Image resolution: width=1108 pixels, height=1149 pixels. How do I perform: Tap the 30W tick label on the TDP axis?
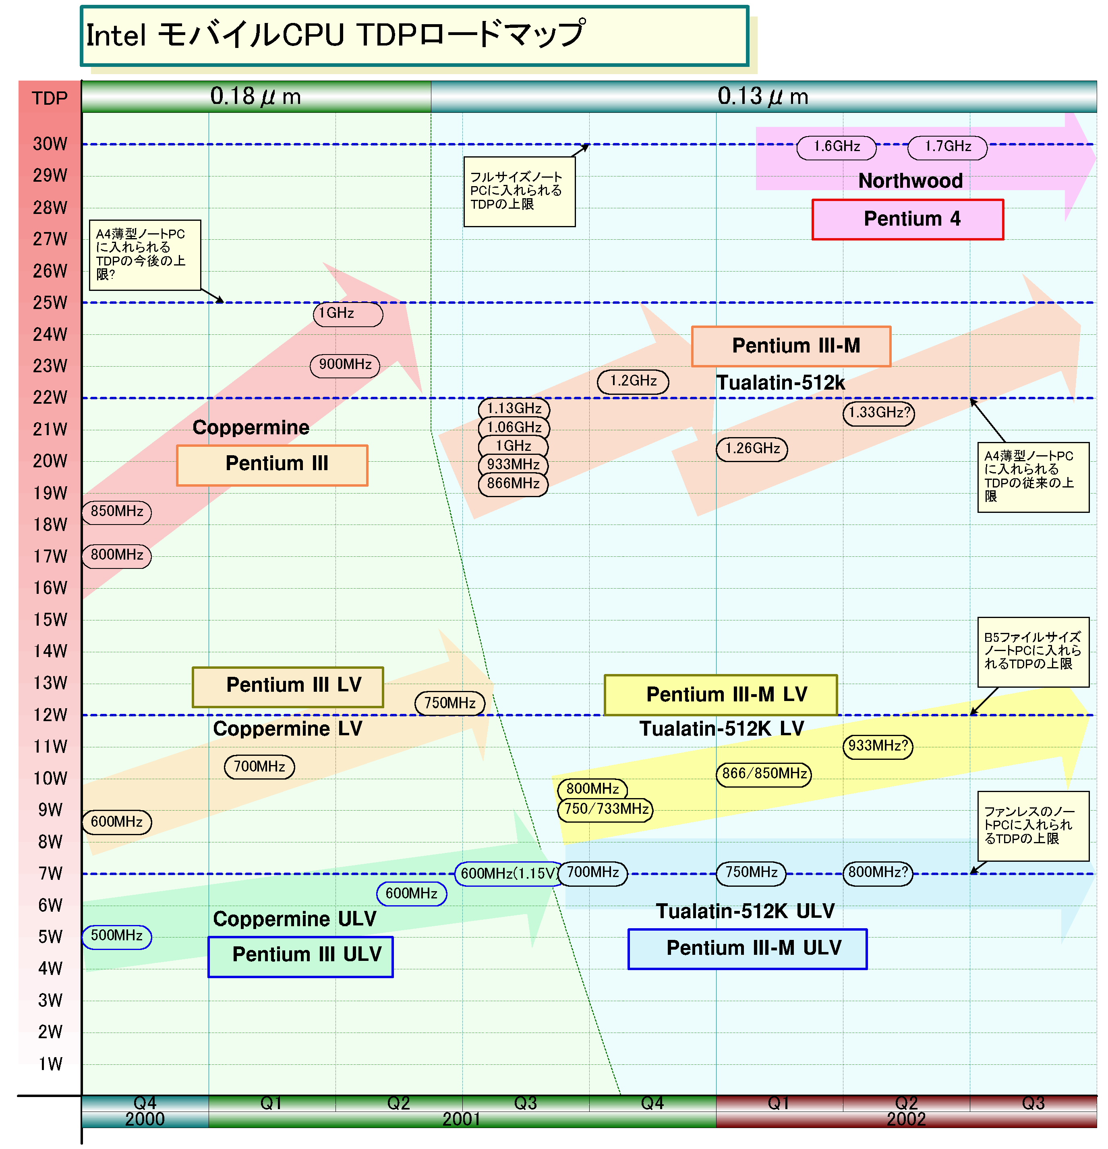tap(50, 143)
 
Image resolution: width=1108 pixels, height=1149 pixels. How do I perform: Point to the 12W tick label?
tap(50, 715)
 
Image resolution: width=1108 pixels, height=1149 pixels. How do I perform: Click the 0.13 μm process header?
tap(763, 96)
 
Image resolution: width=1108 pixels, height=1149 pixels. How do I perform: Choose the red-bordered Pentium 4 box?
tap(907, 219)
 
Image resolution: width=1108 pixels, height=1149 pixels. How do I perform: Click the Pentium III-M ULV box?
tap(747, 948)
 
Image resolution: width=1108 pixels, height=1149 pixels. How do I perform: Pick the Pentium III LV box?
tap(288, 686)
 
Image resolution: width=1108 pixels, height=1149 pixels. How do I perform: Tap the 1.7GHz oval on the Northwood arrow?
tap(947, 147)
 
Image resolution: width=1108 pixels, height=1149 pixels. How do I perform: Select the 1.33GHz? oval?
tap(878, 413)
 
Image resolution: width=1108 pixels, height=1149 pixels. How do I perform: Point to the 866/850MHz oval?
tap(764, 774)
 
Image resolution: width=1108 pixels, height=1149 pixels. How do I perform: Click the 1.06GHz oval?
tap(514, 427)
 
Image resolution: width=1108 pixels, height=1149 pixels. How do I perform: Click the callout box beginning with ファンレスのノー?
tap(1033, 826)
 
